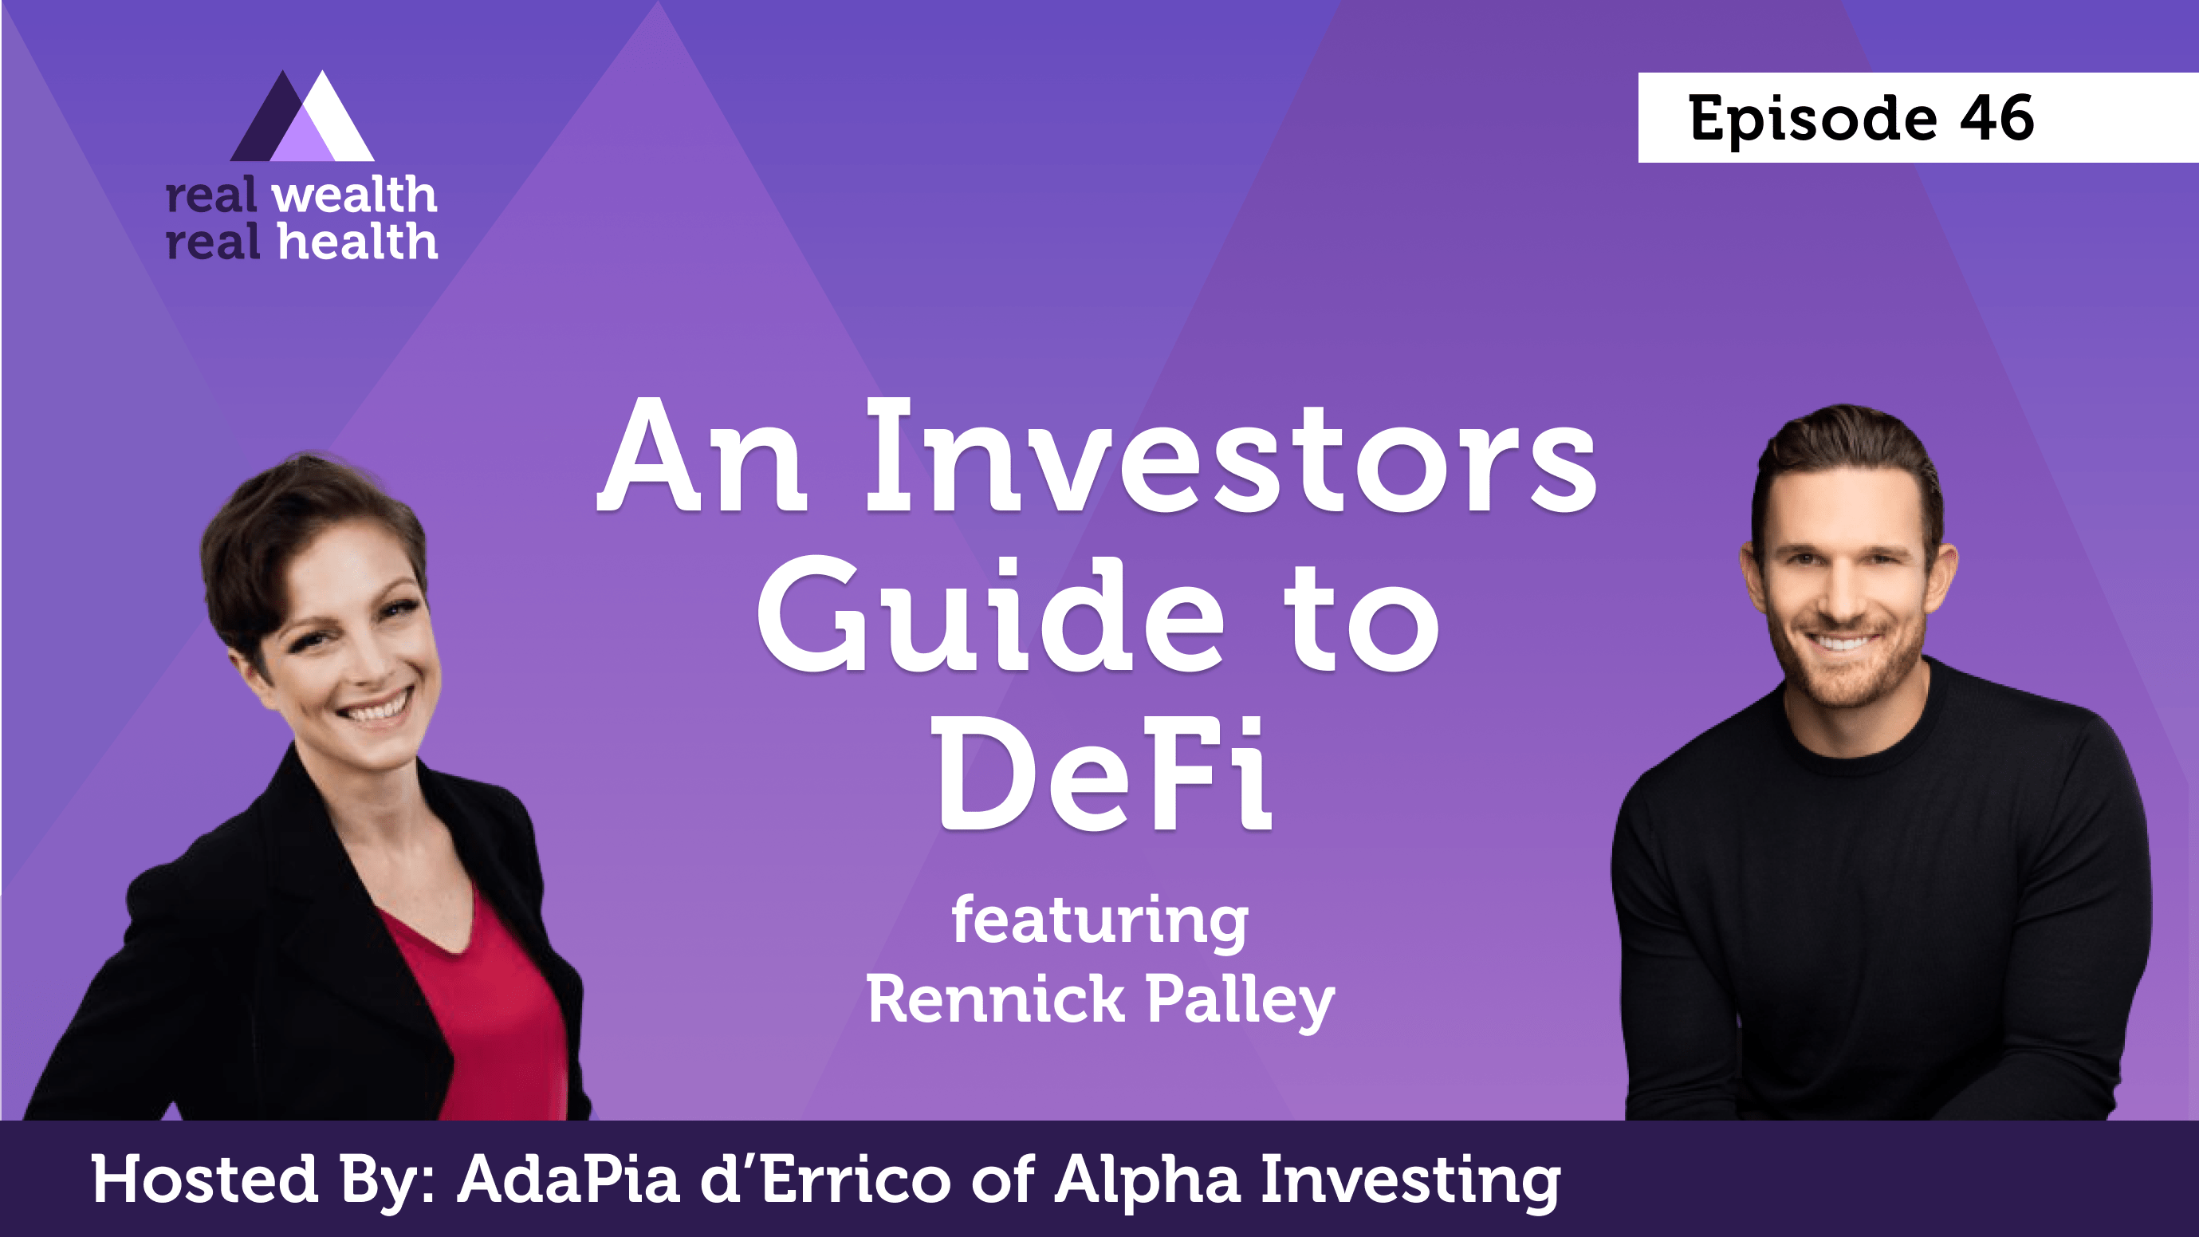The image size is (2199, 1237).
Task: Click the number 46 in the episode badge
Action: pos(1996,118)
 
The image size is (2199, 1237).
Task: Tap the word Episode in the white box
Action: pos(1812,120)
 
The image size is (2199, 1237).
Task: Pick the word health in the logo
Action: pos(358,242)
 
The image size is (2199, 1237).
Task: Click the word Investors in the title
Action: pos(1229,457)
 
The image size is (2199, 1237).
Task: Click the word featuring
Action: pos(1099,920)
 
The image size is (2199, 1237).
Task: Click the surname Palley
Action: pos(1240,1001)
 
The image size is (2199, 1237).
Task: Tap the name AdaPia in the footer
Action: pos(568,1180)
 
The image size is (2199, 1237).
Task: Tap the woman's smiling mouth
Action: pos(374,707)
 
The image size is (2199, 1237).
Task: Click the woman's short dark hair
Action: pos(281,530)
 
